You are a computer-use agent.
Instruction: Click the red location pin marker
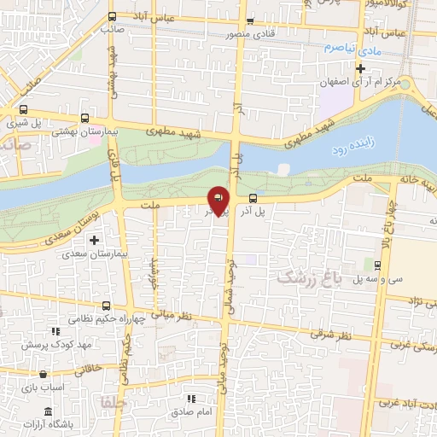pos(218,199)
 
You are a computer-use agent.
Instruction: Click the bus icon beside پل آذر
pos(253,199)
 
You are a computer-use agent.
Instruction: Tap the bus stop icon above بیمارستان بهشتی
pos(84,119)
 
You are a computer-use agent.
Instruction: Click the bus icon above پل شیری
pos(23,109)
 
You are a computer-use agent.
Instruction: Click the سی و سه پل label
pos(378,279)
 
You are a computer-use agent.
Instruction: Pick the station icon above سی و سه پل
pos(378,265)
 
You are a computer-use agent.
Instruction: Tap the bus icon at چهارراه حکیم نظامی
pos(106,306)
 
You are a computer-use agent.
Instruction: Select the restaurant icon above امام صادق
pos(191,399)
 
